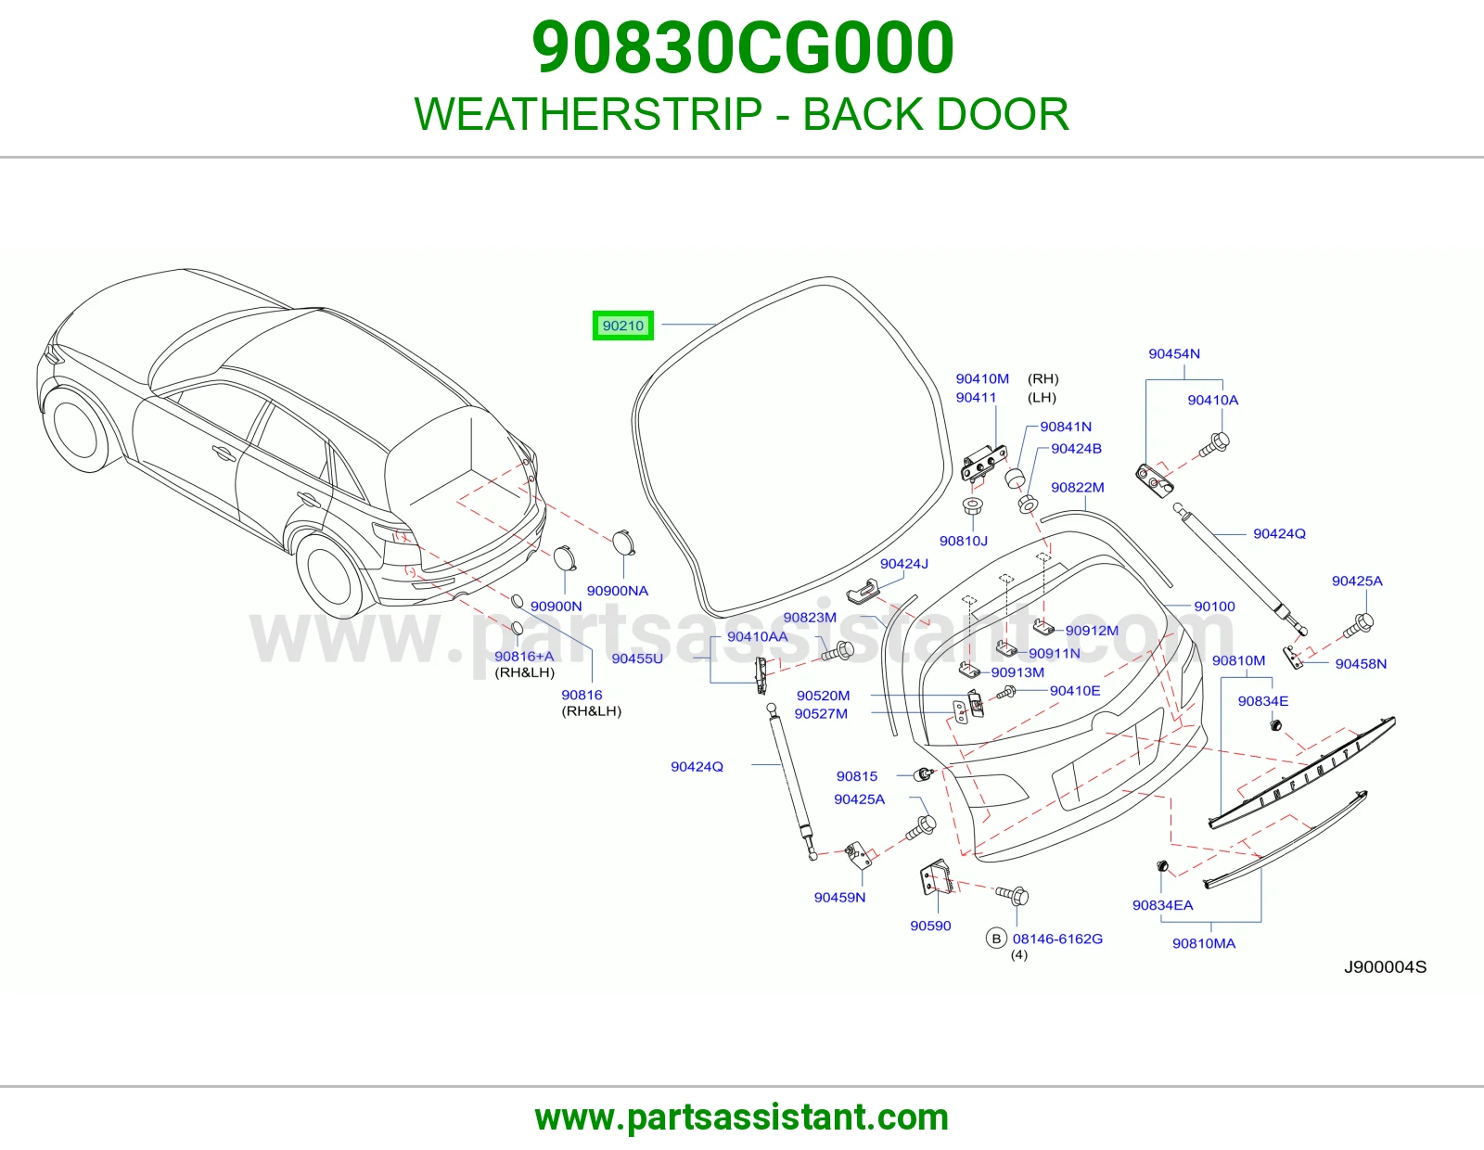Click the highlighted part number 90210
tap(623, 326)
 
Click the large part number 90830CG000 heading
tap(742, 47)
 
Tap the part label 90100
tap(1214, 607)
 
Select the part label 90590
tap(930, 926)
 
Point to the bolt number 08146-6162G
tap(1057, 939)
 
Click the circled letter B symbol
tap(996, 939)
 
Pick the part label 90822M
tap(1078, 488)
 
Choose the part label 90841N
tap(1066, 427)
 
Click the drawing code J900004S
tap(1385, 967)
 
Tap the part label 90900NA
tap(618, 592)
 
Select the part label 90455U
tap(637, 659)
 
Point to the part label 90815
tap(857, 776)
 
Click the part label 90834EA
tap(1162, 905)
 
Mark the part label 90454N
tap(1174, 353)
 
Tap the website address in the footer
tap(742, 1118)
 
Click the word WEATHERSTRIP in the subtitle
tap(588, 114)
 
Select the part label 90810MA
tap(1204, 944)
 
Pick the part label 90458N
tap(1361, 664)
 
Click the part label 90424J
tap(904, 564)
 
